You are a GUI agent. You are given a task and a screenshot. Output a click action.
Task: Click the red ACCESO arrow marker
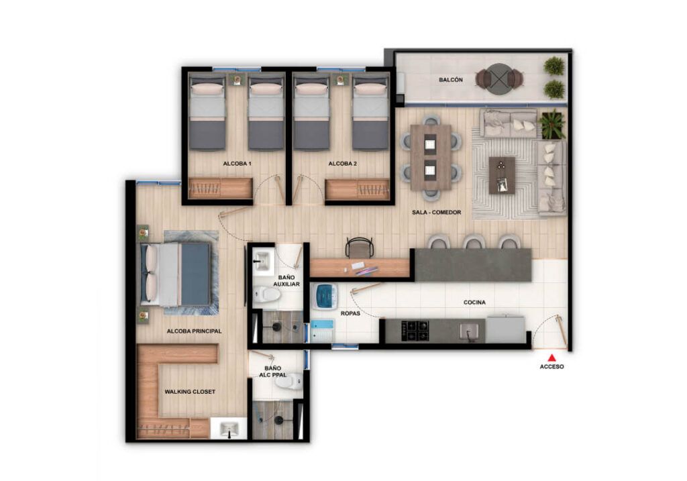[x=551, y=358]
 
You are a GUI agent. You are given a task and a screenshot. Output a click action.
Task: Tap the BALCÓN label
[x=450, y=80]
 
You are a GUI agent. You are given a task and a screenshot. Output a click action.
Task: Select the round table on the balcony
[x=499, y=78]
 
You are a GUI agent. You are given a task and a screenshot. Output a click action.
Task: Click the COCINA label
[x=474, y=303]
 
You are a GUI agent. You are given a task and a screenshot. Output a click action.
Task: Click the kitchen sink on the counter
[x=470, y=330]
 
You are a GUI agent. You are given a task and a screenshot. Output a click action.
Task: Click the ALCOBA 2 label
[x=341, y=164]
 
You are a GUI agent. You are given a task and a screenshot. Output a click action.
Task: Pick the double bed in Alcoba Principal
[x=176, y=274]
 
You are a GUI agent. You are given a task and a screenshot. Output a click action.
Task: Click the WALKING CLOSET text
[x=190, y=391]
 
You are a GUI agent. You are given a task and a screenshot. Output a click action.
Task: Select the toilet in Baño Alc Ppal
[x=295, y=384]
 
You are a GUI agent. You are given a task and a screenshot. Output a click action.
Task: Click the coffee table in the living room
[x=502, y=174]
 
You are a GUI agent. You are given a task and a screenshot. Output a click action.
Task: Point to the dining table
[x=431, y=156]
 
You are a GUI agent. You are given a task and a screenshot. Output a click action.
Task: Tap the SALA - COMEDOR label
[x=436, y=213]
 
